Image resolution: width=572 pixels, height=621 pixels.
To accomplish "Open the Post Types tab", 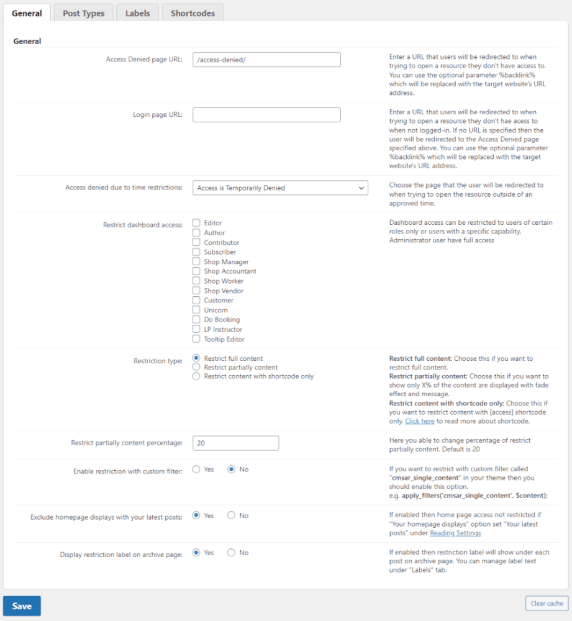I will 83,13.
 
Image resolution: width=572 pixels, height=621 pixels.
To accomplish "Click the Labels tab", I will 137,13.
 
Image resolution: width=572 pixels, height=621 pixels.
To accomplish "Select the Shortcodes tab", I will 193,13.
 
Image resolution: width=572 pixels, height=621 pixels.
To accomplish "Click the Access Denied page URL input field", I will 266,60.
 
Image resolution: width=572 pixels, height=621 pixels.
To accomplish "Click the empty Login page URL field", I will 266,115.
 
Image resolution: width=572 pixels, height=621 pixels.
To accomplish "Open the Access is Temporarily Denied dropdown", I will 280,188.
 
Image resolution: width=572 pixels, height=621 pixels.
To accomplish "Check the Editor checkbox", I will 196,223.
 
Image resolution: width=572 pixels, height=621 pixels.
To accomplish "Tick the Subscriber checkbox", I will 196,252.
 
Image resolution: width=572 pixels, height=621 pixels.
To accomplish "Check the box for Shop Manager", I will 196,262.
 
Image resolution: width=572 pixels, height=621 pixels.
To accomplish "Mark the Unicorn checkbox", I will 196,310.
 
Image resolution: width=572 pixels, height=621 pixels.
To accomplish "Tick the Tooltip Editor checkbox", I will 196,339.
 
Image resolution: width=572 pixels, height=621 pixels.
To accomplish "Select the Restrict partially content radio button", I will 196,367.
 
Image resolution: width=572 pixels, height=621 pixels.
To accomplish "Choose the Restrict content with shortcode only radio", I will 196,376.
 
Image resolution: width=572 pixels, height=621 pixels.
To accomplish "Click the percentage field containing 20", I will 235,443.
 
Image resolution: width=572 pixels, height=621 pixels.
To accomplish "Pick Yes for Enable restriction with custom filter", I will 196,469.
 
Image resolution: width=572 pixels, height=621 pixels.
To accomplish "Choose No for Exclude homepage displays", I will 231,515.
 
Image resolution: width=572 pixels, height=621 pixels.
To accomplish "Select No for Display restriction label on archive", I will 231,553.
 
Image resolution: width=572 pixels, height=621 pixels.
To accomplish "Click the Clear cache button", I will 547,604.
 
